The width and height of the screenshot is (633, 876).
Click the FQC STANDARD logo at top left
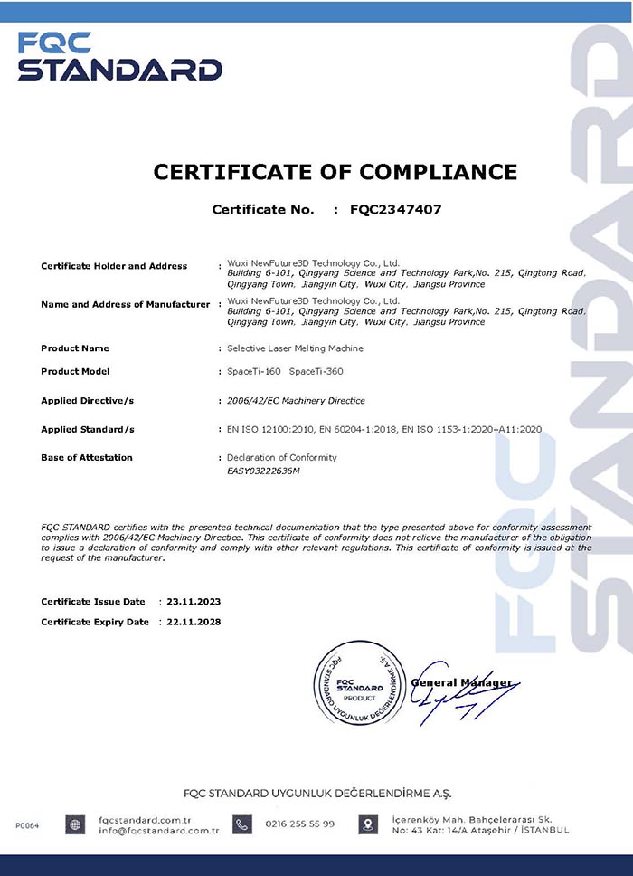click(119, 57)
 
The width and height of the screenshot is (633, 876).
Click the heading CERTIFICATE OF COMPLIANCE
click(335, 172)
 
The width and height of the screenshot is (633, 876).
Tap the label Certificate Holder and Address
click(114, 266)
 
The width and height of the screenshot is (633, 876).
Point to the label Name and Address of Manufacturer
click(125, 304)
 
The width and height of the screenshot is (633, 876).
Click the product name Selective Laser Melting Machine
click(296, 348)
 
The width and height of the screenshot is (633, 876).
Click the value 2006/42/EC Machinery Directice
click(296, 400)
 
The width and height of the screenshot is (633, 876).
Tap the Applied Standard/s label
click(88, 429)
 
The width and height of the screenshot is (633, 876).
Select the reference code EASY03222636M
click(263, 471)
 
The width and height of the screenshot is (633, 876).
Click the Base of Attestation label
click(87, 457)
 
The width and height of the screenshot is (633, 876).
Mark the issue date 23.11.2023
click(193, 601)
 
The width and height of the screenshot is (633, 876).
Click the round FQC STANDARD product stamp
click(360, 683)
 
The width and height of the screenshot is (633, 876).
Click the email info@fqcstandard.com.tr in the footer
click(158, 830)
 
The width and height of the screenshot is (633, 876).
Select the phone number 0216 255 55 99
click(299, 824)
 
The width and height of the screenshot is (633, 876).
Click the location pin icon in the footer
click(368, 824)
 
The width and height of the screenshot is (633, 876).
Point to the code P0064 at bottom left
click(27, 824)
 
